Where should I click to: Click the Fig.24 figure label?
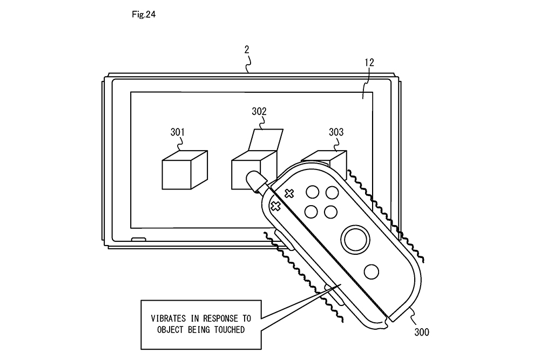pyautogui.click(x=144, y=15)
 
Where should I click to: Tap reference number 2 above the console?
pyautogui.click(x=247, y=50)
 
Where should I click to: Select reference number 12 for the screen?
pyautogui.click(x=369, y=63)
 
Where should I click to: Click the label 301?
pyautogui.click(x=177, y=132)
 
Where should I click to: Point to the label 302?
pyautogui.click(x=259, y=112)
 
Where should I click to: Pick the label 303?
pyautogui.click(x=336, y=132)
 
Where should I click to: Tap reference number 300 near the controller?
pyautogui.click(x=422, y=332)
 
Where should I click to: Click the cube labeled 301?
pyautogui.click(x=185, y=169)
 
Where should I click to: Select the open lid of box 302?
pyautogui.click(x=266, y=140)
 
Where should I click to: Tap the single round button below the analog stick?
pyautogui.click(x=372, y=272)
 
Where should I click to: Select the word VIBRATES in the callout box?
pyautogui.click(x=168, y=318)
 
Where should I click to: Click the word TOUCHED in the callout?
pyautogui.click(x=230, y=330)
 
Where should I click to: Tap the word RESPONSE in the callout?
pyautogui.click(x=220, y=318)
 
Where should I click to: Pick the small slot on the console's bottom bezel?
pyautogui.click(x=138, y=239)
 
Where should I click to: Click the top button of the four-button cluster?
pyautogui.click(x=312, y=192)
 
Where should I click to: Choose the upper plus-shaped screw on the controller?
pyautogui.click(x=289, y=194)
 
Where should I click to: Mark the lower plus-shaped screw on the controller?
pyautogui.click(x=275, y=206)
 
